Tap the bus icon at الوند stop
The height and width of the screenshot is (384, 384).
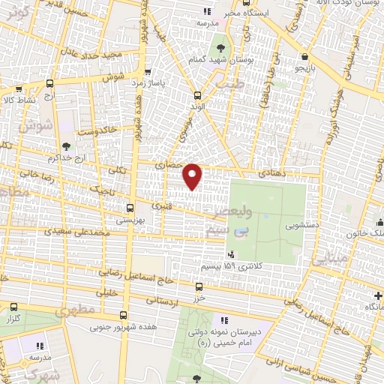[x=197, y=95]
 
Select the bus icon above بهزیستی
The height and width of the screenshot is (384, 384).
[x=130, y=208]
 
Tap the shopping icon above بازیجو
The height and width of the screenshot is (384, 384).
[x=304, y=55]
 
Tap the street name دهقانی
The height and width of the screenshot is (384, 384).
[x=271, y=172]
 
